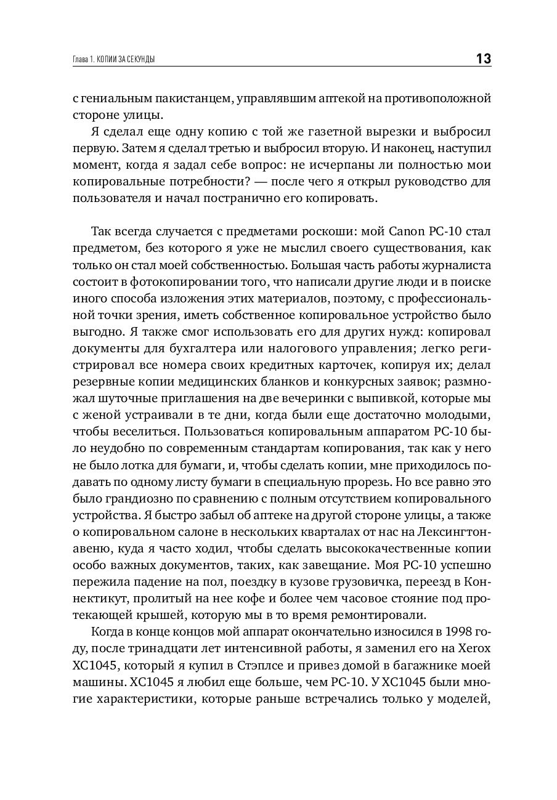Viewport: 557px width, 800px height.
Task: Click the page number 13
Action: pos(483,59)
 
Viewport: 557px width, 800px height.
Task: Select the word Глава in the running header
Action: pos(75,60)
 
